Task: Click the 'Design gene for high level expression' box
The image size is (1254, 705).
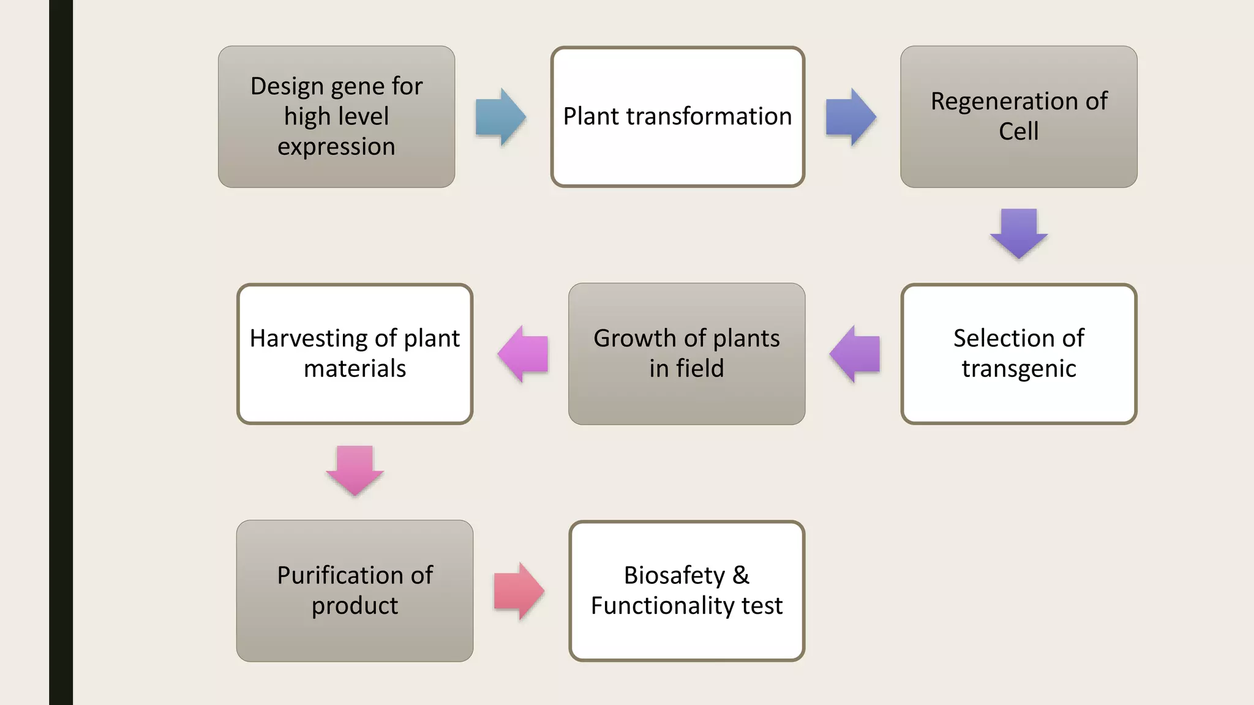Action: tap(336, 116)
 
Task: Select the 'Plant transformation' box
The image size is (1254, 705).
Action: tap(677, 116)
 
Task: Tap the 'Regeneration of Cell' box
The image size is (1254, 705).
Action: tap(1018, 116)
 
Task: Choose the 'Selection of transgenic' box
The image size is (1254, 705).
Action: tap(1018, 353)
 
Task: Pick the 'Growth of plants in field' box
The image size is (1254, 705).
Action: tap(686, 353)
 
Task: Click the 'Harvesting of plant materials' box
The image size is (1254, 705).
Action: tap(355, 353)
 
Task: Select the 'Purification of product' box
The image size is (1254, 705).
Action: tap(355, 591)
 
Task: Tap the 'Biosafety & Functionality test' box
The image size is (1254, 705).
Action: tap(686, 591)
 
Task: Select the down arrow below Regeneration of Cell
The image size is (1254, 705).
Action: tap(1018, 233)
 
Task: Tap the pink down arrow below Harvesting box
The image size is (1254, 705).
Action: tap(355, 470)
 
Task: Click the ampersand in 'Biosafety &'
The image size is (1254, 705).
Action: tap(740, 575)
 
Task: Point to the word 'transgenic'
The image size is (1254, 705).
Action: tap(1018, 368)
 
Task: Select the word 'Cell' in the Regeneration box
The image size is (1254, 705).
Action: tap(1018, 131)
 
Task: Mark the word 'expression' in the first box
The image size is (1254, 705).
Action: tap(336, 146)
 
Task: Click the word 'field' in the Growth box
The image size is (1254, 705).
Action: tap(700, 368)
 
